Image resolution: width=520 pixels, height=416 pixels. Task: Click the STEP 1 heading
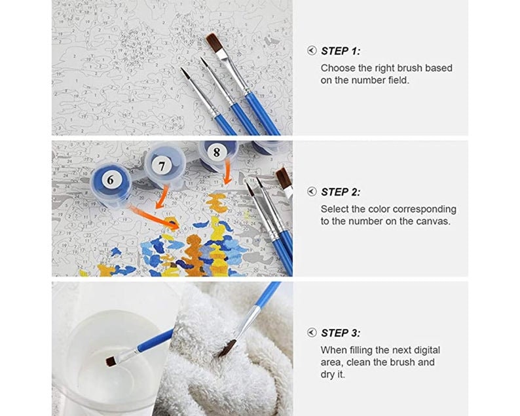(x=340, y=50)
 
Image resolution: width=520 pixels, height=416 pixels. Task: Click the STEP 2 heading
(x=340, y=192)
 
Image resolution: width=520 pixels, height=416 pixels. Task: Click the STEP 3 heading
(x=340, y=333)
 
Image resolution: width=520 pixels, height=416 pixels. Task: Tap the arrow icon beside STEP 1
(x=312, y=50)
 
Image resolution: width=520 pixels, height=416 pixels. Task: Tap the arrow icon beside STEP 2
(x=312, y=192)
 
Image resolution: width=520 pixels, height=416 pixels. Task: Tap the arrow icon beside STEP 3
(x=312, y=333)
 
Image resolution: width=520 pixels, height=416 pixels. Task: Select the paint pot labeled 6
(x=110, y=179)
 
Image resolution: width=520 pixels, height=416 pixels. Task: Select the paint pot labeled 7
(x=162, y=166)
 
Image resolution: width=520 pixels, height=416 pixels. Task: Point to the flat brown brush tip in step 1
(x=214, y=43)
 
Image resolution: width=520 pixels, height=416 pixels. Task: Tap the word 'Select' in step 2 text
(x=335, y=209)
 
